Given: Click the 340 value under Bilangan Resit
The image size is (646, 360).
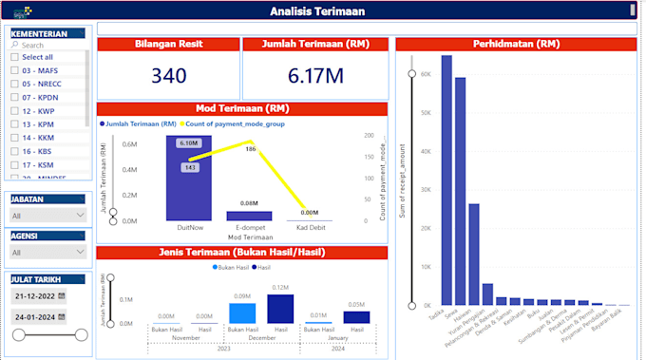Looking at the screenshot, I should [168, 75].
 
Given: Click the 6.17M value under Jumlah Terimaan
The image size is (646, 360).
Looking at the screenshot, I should [314, 75].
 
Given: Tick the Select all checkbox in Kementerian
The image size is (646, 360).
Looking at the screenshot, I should [14, 57].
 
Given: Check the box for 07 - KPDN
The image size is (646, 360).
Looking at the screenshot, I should [14, 97].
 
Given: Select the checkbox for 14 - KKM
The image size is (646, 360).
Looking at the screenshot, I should [14, 138].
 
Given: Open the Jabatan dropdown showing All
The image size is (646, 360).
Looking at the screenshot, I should [47, 216].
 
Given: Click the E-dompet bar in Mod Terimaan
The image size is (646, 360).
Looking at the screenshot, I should [249, 216].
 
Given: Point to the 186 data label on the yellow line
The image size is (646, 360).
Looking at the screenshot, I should [250, 149].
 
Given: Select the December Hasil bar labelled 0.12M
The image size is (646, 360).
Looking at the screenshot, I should [280, 309].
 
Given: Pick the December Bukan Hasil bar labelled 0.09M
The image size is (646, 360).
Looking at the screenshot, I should [242, 313].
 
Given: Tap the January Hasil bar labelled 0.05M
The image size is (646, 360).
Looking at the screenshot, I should [357, 317].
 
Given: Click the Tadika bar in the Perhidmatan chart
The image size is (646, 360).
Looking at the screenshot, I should [446, 180].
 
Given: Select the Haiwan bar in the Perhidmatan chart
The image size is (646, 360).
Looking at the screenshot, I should [473, 255].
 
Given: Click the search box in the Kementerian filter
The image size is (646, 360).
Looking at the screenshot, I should [47, 45].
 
